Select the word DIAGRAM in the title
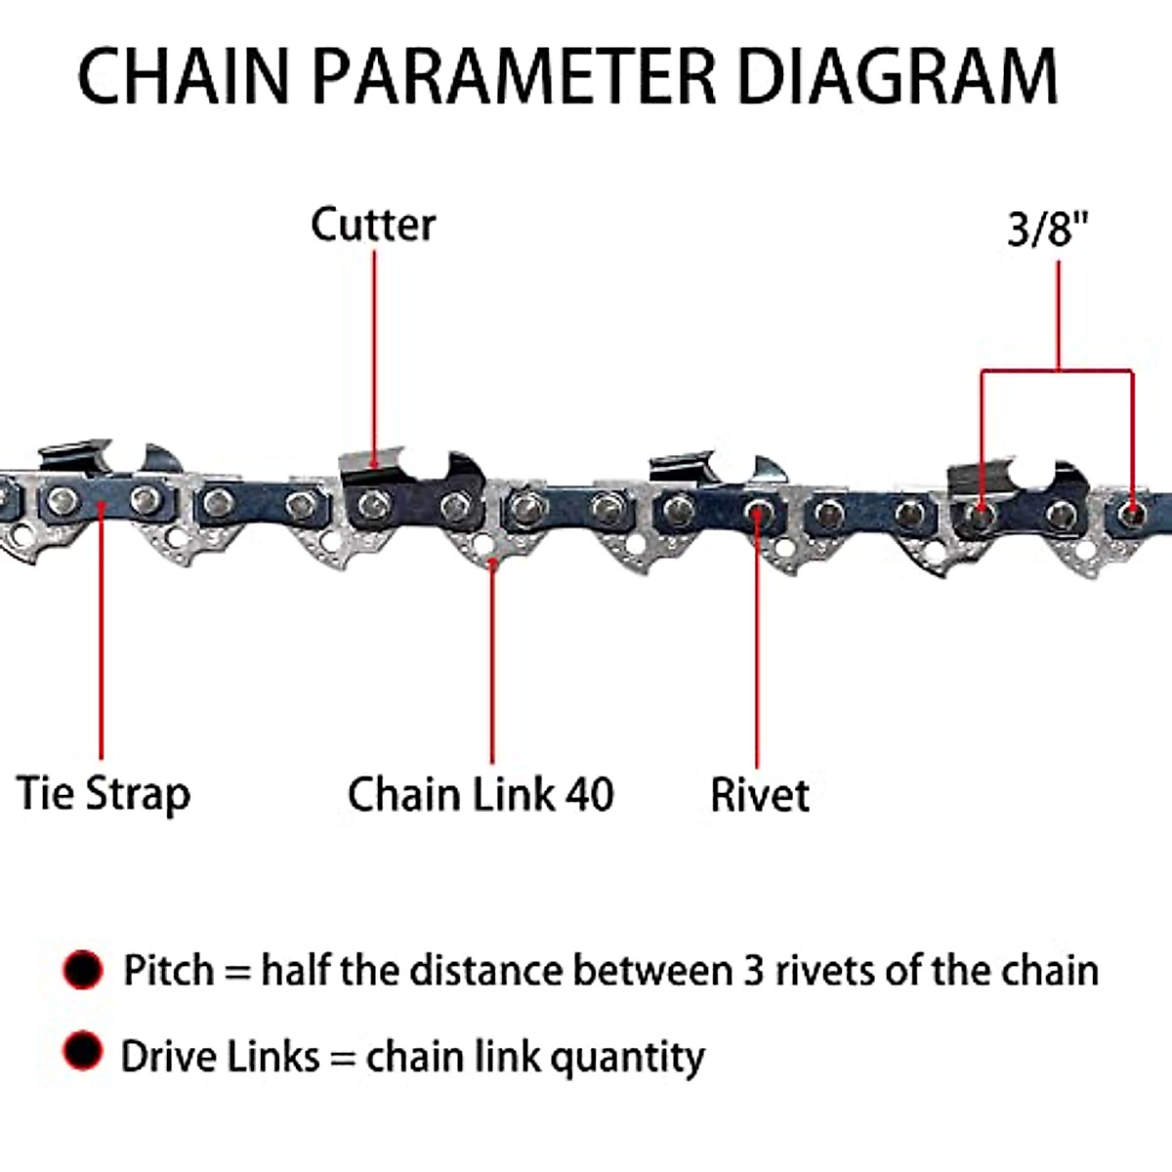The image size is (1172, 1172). coord(898,75)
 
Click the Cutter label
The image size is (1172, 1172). coord(373,225)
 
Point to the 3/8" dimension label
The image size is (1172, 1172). coord(1048,230)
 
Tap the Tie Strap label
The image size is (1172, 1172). coord(104,793)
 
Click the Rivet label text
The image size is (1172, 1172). coord(760,795)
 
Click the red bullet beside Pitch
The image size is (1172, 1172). coord(83,970)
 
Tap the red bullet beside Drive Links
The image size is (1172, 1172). coord(83,1052)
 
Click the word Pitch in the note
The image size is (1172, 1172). coord(168,971)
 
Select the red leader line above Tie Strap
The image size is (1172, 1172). coord(101,635)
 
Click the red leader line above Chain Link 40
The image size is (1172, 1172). coord(492,664)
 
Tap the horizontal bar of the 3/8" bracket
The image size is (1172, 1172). coord(1058,371)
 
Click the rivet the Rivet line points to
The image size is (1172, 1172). coord(757,510)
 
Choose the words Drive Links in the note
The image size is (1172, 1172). coord(220,1057)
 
